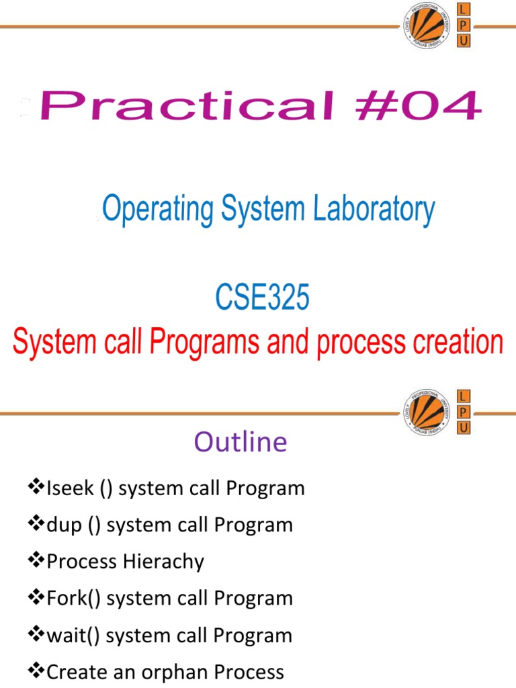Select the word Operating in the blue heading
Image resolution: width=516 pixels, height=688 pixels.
click(157, 210)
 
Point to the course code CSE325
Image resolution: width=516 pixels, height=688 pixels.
click(262, 298)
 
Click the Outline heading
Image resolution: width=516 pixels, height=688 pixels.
click(241, 442)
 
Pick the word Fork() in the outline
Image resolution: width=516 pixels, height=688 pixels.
click(74, 598)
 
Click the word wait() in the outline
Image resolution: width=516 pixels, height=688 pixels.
click(74, 635)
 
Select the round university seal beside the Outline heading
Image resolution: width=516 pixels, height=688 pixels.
click(426, 412)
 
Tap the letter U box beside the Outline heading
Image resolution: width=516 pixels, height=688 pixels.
click(464, 427)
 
